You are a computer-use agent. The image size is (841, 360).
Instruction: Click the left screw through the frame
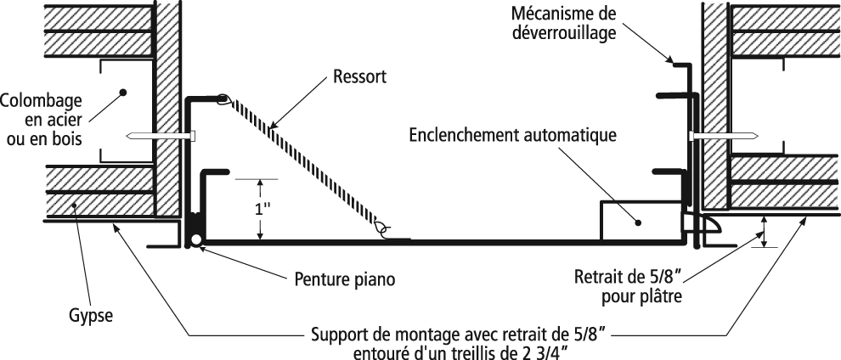[161, 136]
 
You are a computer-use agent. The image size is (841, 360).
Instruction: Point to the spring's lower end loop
[382, 228]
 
